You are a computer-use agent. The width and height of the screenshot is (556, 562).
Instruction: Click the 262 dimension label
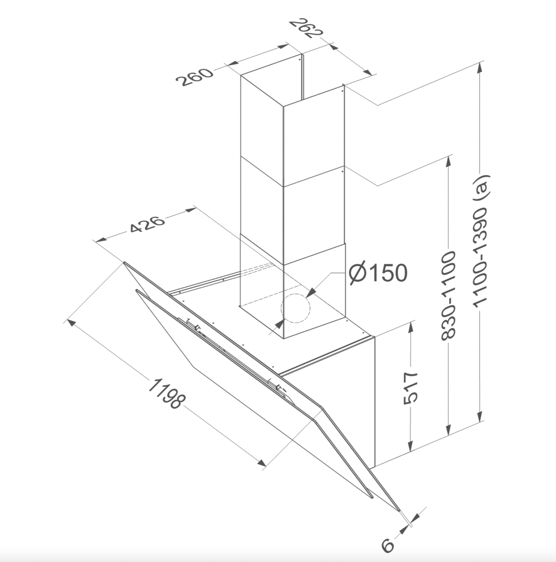(x=306, y=29)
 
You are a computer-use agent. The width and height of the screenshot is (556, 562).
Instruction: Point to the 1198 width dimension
(x=165, y=393)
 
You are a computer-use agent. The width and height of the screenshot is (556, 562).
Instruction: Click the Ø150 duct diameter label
(x=379, y=273)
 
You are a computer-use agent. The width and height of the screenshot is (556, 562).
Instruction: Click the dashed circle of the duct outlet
(x=295, y=309)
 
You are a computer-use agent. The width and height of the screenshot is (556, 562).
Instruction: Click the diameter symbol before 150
(x=358, y=273)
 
